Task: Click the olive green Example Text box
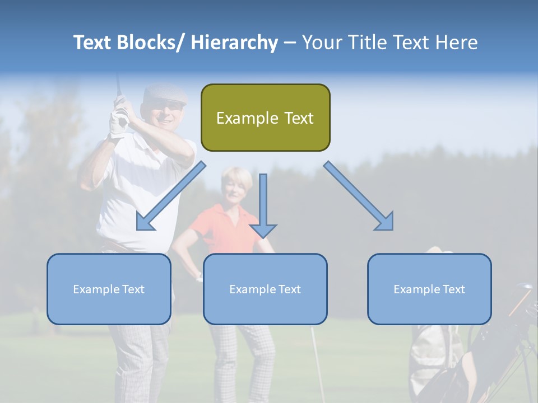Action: [x=265, y=118]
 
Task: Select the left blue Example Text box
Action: [x=109, y=289]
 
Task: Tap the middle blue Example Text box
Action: [x=265, y=289]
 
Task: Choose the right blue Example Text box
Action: [x=429, y=289]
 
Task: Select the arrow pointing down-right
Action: [x=359, y=196]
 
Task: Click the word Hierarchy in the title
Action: [x=234, y=43]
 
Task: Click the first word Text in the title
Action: [x=94, y=43]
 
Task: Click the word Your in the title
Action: [x=321, y=43]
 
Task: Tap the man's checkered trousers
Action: [x=140, y=358]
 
